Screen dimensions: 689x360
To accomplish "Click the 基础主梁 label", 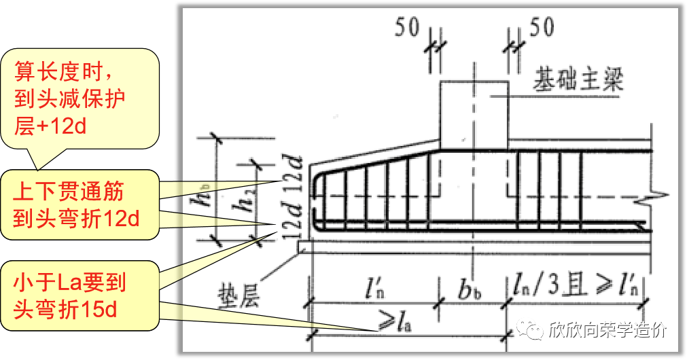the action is click(x=578, y=80).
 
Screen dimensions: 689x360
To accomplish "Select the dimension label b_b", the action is click(x=470, y=290).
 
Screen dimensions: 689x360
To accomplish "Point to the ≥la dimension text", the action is click(x=395, y=323).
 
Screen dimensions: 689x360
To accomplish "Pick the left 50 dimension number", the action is click(x=407, y=27).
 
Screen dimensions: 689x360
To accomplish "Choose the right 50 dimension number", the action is click(x=542, y=27).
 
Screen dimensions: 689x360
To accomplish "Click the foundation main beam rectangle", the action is click(x=474, y=115).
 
